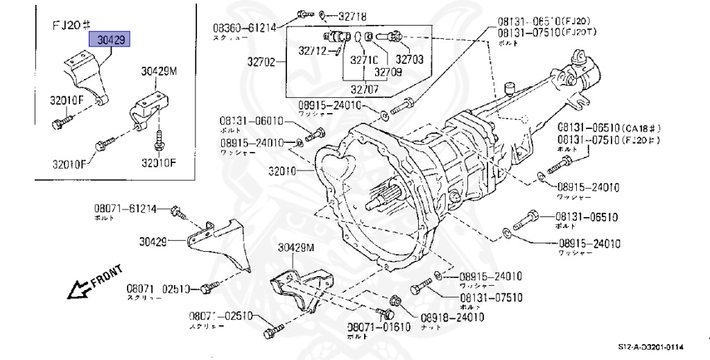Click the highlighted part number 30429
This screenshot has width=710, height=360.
click(x=111, y=41)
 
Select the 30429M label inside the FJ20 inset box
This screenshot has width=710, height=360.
click(x=159, y=71)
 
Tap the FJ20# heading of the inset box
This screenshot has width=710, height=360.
click(x=72, y=25)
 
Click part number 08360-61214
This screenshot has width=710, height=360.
click(x=244, y=28)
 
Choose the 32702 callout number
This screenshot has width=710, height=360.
click(x=260, y=62)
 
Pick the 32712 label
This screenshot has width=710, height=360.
click(x=313, y=50)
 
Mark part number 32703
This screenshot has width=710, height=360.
click(x=409, y=60)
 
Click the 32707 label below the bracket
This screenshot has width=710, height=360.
click(x=365, y=88)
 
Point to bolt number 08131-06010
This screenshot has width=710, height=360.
click(x=252, y=121)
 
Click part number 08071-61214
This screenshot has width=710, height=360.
click(x=125, y=207)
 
